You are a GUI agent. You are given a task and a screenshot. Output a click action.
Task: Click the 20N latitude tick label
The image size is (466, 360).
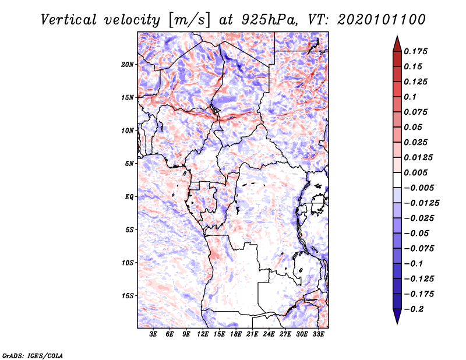[x=127, y=65]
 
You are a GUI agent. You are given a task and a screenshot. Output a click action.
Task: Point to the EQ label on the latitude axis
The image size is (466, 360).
[x=129, y=197]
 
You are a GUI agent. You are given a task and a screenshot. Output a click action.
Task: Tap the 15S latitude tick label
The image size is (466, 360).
[x=127, y=296]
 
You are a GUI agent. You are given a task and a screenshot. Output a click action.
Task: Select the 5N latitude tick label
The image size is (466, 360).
[x=129, y=164]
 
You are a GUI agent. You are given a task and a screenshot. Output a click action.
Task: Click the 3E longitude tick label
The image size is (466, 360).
[x=153, y=334]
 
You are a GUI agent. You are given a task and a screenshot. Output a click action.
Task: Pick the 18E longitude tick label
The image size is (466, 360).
[x=236, y=334]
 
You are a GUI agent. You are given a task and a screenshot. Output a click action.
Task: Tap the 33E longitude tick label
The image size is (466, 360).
[x=318, y=334]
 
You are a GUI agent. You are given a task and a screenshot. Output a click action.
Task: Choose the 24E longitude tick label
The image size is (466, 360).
[x=269, y=334]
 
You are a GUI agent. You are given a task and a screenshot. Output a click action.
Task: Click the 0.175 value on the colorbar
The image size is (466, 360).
[x=415, y=51]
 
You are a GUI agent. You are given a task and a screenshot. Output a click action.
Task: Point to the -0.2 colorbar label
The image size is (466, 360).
[x=414, y=309]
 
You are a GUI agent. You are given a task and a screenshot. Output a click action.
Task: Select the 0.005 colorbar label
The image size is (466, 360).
[x=415, y=172]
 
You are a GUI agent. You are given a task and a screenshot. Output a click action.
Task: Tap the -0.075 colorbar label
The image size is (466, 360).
[x=419, y=249]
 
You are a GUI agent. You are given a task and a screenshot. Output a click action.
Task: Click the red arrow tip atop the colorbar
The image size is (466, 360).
[x=397, y=37]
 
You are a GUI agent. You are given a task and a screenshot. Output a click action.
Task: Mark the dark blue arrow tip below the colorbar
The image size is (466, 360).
[x=397, y=323]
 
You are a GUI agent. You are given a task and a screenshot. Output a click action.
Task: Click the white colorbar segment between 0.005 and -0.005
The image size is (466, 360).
[x=397, y=180]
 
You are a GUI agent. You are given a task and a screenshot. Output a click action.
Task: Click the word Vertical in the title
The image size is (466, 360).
[x=69, y=20]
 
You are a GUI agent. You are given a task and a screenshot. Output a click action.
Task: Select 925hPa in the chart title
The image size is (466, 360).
[x=269, y=20]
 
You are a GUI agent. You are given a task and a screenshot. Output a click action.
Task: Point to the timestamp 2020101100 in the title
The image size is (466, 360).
[x=381, y=20]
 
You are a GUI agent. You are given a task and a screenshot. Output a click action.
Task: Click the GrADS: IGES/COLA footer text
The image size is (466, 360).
[x=33, y=355]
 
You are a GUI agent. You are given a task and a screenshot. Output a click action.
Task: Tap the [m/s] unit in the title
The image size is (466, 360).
[x=189, y=20]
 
